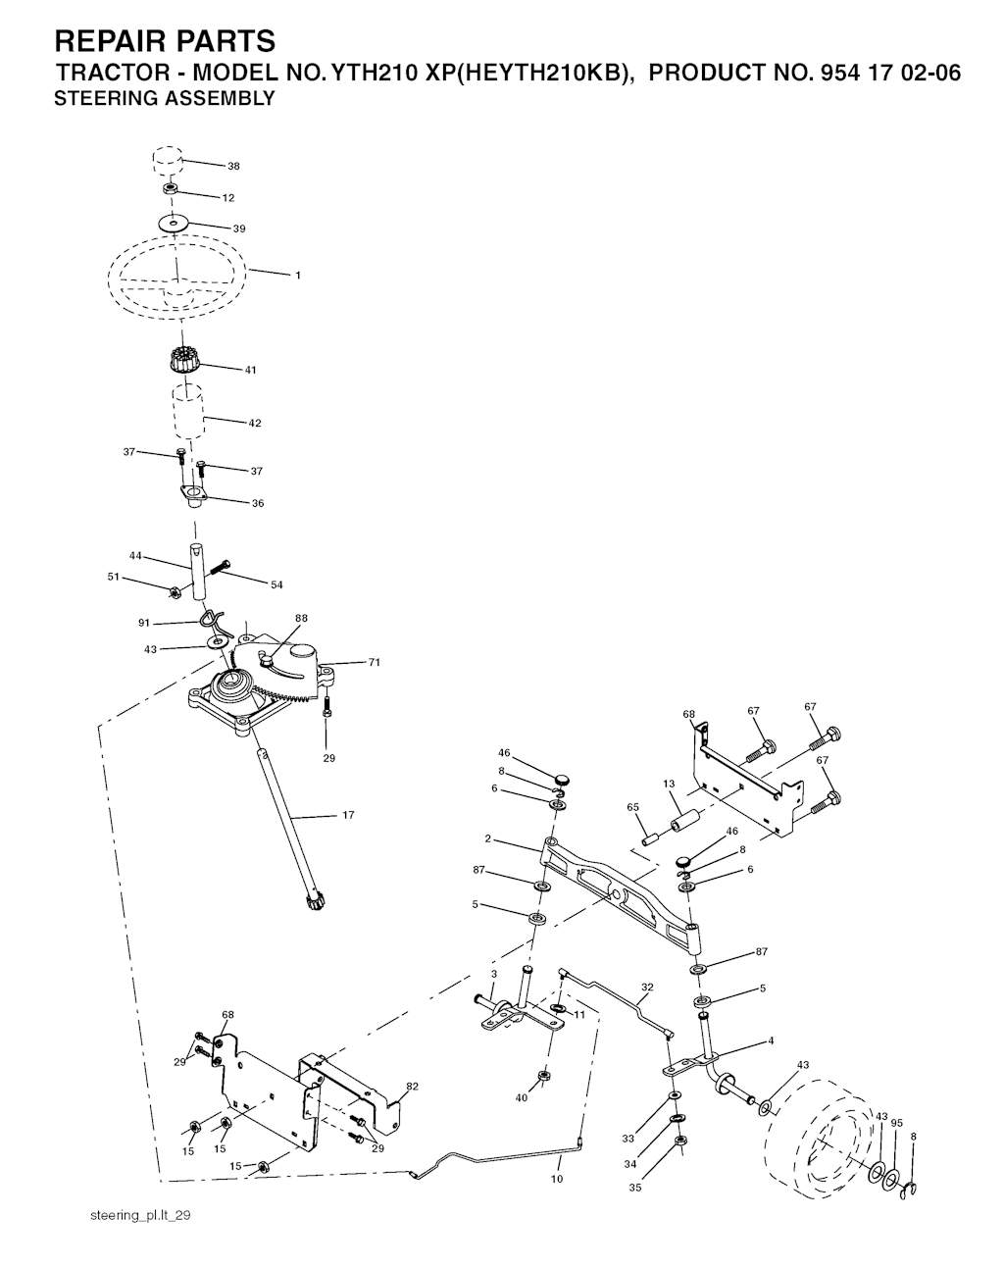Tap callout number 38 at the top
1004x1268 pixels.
point(233,166)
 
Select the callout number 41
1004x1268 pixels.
point(251,370)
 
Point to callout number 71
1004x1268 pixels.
point(374,663)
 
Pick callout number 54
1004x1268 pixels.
point(276,584)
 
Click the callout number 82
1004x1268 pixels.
point(412,1086)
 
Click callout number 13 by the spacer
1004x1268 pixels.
point(669,784)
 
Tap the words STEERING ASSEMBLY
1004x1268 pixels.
point(165,98)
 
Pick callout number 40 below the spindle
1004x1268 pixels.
point(522,1097)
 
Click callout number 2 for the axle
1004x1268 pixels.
point(487,838)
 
